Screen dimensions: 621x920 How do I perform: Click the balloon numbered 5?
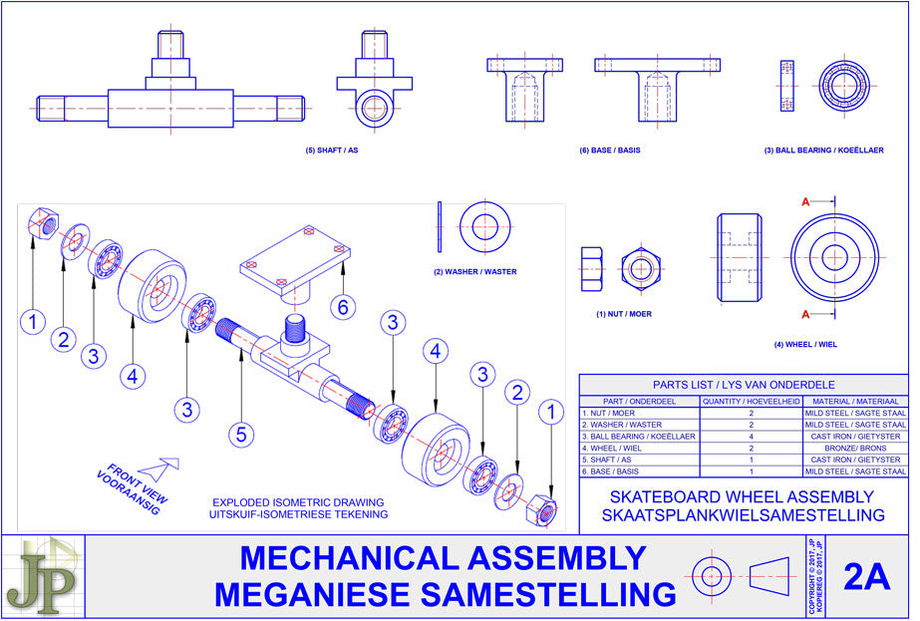click(240, 434)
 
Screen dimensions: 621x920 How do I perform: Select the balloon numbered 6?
click(343, 307)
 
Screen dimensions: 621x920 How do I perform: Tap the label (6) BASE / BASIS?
click(609, 151)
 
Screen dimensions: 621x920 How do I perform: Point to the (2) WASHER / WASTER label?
click(475, 272)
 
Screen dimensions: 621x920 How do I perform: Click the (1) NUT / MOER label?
click(625, 313)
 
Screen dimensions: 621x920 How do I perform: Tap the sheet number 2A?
click(865, 577)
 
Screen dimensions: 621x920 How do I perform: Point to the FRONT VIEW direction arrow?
click(159, 467)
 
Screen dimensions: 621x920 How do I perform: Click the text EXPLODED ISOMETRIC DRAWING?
click(299, 502)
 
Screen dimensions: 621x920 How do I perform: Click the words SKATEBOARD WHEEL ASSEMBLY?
click(743, 496)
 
